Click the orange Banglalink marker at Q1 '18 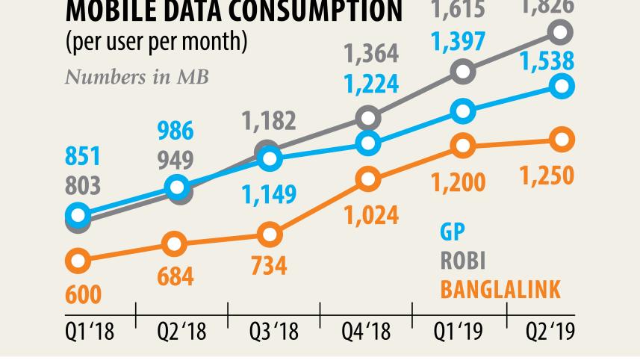coord(78,261)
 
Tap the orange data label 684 coord(175,276)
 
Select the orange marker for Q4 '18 coord(367,179)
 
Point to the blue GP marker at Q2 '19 coord(562,86)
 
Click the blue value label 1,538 coord(548,60)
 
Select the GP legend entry coord(452,232)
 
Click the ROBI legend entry coord(462,260)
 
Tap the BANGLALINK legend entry coord(500,290)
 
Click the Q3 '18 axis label coord(273,331)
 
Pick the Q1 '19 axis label coord(458,331)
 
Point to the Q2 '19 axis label coord(550,331)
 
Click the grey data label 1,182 coord(269,121)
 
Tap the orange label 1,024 coord(371,215)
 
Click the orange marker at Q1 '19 coord(463,146)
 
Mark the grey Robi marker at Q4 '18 coord(367,118)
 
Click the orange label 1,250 coord(548,176)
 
